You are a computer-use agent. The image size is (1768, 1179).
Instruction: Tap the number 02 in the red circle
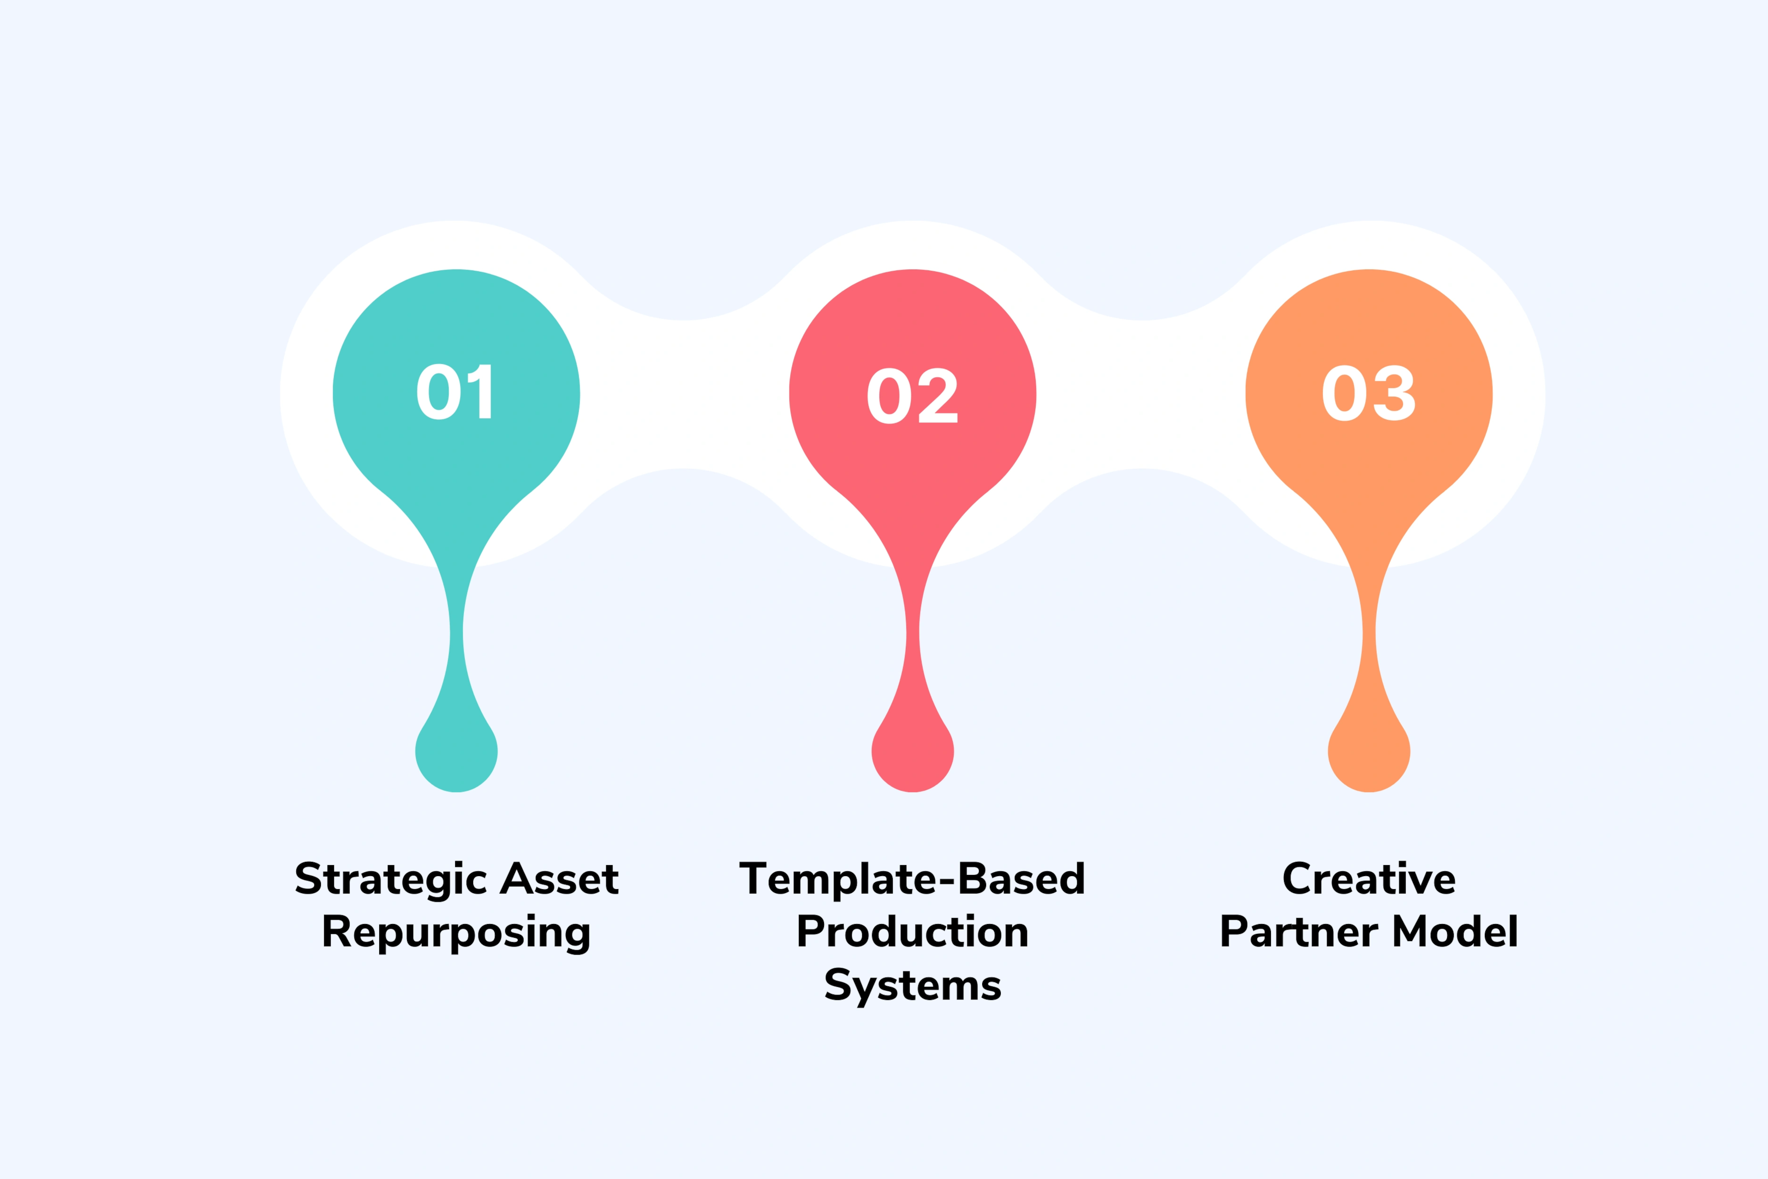[x=912, y=396]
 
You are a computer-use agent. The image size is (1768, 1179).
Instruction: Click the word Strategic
[x=391, y=879]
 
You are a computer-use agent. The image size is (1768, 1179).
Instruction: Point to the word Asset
[x=560, y=878]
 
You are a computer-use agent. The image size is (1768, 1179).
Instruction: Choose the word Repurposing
[x=456, y=932]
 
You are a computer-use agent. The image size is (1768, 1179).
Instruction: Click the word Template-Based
[x=912, y=879]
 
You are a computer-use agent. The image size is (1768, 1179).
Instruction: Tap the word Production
[x=912, y=932]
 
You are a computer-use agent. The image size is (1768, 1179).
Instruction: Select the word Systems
[x=912, y=985]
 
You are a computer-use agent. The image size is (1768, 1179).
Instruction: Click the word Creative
[x=1369, y=878]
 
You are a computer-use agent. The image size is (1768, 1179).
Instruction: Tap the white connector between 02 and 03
[x=1141, y=394]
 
